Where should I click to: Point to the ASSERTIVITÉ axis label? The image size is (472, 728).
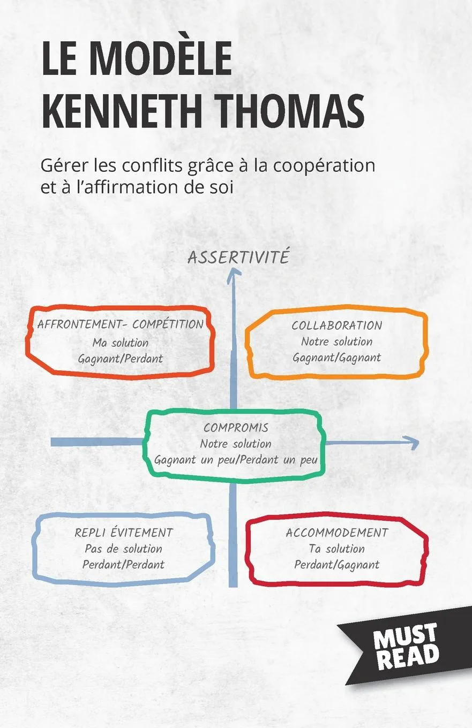click(238, 257)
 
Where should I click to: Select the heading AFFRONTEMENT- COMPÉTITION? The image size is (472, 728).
click(120, 324)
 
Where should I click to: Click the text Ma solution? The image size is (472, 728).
click(120, 342)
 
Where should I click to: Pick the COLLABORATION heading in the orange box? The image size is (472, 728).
click(336, 325)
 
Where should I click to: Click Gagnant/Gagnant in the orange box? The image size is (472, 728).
click(336, 358)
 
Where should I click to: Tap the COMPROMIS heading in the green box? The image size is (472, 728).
click(236, 428)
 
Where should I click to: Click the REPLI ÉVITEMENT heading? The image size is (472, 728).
click(124, 533)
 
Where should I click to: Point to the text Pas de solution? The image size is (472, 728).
click(123, 549)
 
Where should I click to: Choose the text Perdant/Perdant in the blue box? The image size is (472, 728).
click(123, 564)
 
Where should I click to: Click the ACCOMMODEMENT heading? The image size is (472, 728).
click(336, 533)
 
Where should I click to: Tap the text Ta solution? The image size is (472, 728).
click(336, 549)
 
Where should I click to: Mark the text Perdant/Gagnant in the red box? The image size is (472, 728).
click(336, 564)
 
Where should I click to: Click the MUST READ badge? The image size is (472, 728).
click(406, 647)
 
